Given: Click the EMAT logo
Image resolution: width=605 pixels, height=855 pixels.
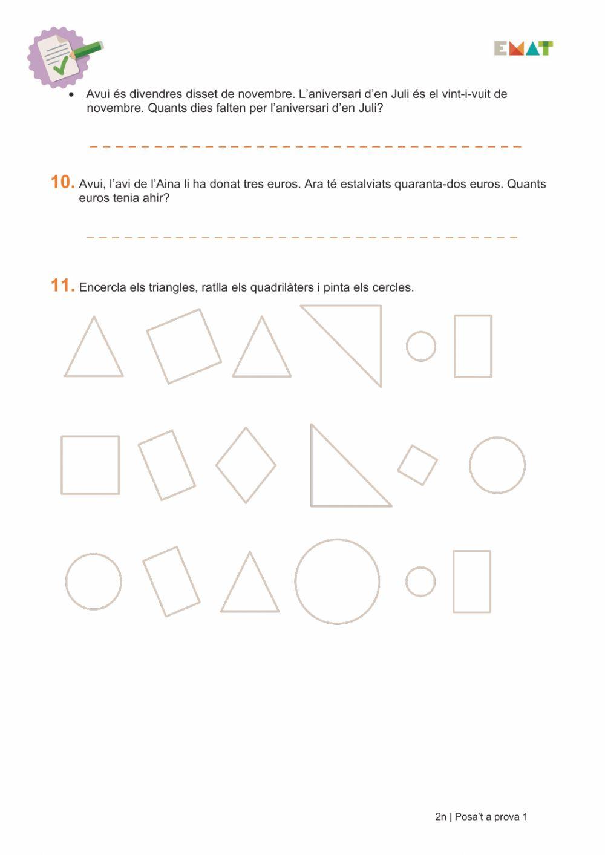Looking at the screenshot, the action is point(523,48).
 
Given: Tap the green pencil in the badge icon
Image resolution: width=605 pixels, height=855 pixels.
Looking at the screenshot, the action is point(87,50).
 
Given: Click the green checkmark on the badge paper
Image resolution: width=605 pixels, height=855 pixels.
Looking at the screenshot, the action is point(61,65).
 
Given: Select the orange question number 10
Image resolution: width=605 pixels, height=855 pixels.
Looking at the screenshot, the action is point(62,182).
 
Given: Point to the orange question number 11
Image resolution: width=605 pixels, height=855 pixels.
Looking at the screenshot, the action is point(62,286).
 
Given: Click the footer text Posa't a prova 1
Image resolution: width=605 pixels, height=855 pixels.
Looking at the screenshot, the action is point(491,817).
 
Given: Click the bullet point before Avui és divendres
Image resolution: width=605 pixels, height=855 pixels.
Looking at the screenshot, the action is point(71,94).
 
